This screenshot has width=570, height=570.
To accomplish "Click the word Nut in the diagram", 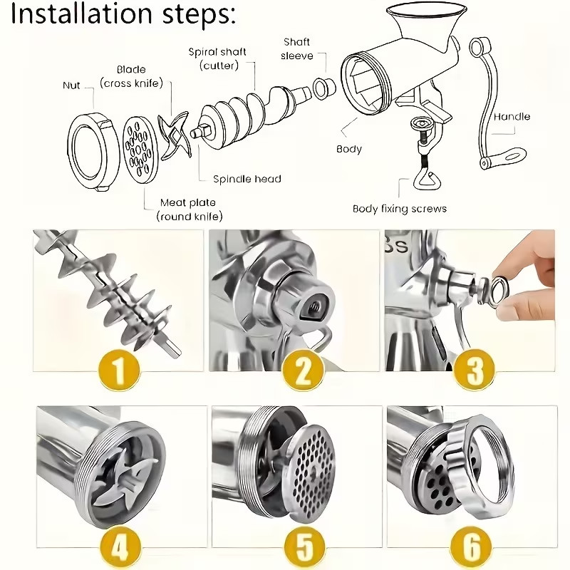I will click(71, 86).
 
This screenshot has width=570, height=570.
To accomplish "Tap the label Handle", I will click(512, 116).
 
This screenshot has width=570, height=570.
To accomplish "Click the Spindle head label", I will click(247, 179).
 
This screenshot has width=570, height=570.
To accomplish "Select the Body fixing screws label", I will click(399, 209).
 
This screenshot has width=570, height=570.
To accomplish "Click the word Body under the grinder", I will click(349, 149).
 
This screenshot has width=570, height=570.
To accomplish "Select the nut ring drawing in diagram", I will click(93, 150).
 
